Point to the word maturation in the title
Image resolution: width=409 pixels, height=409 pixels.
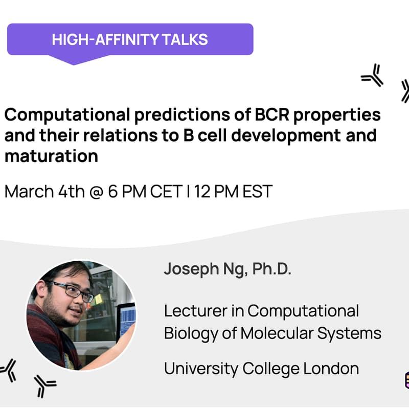[51, 156]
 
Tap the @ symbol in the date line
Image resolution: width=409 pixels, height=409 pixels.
[94, 192]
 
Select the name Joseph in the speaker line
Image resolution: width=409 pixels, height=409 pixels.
[188, 269]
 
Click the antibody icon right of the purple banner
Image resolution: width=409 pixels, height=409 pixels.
[372, 76]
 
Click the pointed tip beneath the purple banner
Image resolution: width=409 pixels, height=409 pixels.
[75, 61]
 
